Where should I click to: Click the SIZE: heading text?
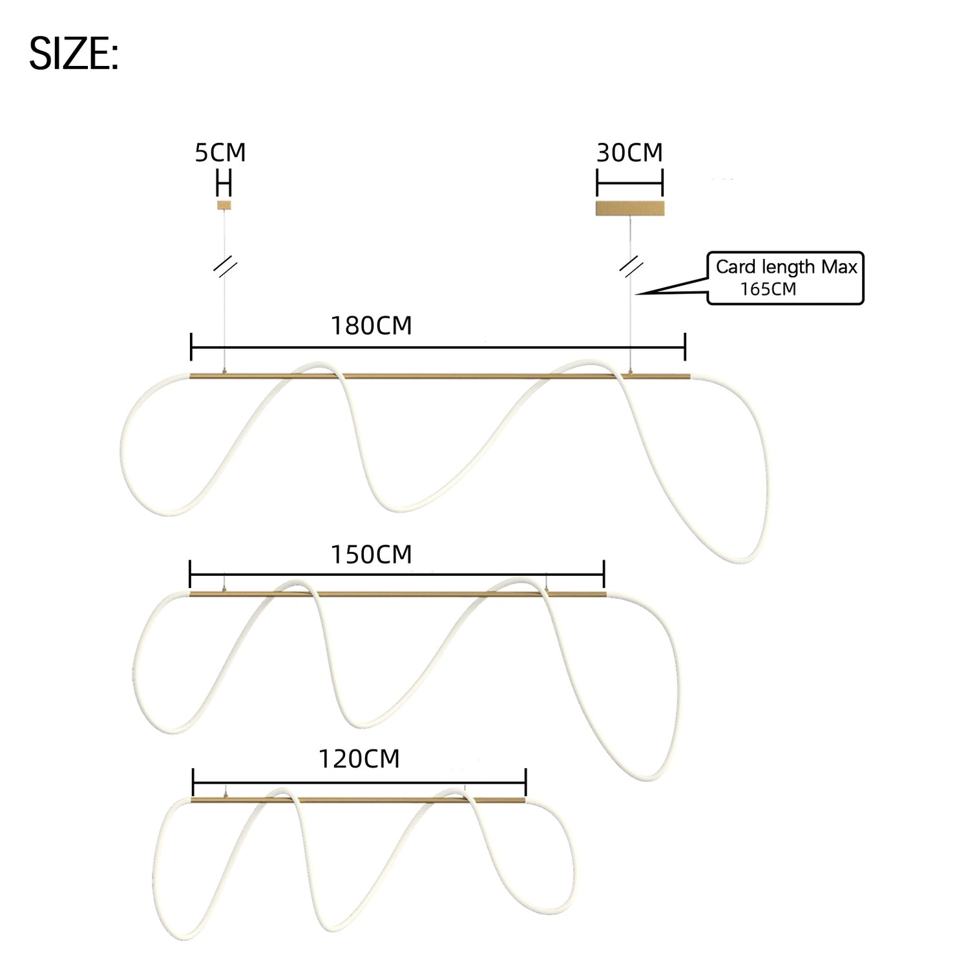coord(74,54)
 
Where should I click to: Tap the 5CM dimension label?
coord(220,152)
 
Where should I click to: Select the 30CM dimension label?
coord(629,152)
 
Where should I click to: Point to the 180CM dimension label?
coord(372,326)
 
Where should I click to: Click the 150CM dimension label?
coord(372,554)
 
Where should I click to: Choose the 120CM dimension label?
coord(359,759)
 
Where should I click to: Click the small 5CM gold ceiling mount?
coord(224,205)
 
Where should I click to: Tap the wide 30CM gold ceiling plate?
coord(630,208)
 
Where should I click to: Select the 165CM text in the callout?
coord(768,289)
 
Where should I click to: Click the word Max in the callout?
coord(839,267)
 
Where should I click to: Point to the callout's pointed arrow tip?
coord(636,295)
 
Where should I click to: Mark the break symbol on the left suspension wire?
coord(225,268)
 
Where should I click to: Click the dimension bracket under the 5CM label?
coord(224,184)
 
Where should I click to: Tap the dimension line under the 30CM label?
coord(630,184)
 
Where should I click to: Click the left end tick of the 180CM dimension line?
coord(191,347)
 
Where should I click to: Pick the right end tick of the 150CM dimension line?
coord(604,574)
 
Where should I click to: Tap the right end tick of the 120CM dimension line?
coord(526,783)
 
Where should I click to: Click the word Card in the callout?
coord(736,267)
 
